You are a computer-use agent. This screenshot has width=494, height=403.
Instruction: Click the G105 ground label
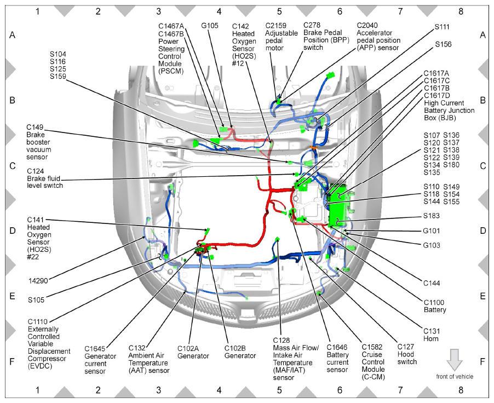click(210, 26)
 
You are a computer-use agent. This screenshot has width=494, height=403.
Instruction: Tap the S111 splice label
click(442, 27)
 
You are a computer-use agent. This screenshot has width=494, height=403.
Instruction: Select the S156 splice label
click(443, 44)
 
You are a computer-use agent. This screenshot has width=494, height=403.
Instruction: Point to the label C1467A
click(171, 26)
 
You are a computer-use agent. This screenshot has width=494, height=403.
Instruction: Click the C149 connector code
click(35, 127)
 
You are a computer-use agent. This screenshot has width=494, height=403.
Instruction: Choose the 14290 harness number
click(38, 281)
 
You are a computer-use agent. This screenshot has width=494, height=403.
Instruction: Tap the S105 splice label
click(36, 300)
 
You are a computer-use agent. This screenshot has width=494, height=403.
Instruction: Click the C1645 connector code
click(95, 349)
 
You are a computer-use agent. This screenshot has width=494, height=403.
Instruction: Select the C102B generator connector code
click(235, 348)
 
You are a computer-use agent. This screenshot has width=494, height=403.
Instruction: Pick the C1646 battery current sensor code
click(337, 347)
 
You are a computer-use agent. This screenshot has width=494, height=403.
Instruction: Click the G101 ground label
click(432, 231)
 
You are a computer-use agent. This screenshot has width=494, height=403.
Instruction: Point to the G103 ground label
click(432, 245)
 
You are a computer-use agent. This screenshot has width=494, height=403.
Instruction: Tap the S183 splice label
click(432, 216)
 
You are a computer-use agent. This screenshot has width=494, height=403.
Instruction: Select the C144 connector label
click(432, 283)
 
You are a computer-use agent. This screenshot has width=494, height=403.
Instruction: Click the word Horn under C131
click(430, 339)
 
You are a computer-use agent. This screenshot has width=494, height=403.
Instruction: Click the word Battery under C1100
click(435, 310)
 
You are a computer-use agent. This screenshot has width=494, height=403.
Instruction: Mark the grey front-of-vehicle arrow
click(455, 360)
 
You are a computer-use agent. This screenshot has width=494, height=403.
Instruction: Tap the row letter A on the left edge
click(12, 35)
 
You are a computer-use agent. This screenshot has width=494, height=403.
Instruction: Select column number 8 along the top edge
click(461, 11)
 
